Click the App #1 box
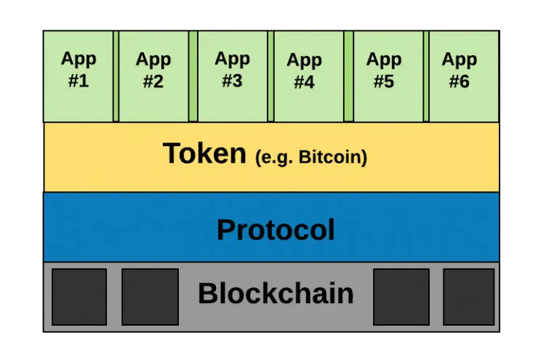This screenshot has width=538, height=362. coord(78,76)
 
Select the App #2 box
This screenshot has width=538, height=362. coord(153,76)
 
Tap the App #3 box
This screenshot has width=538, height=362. coord(232,76)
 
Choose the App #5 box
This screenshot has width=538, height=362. coord(383,76)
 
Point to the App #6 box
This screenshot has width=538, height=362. coord(460,76)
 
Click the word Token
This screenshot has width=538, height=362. coord(204,154)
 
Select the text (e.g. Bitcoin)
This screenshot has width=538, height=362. coord(311,157)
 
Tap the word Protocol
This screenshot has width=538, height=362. coord(276,230)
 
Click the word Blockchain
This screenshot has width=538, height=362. coord(276,294)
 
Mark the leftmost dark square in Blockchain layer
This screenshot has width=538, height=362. coord(79,297)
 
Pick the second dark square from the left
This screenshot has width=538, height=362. coord(150,297)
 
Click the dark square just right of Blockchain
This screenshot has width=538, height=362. coord(401,297)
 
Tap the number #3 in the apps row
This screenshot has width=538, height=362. coord(232,81)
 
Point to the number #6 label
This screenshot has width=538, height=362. coord(459,81)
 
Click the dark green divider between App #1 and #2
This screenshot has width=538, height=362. coord(116,76)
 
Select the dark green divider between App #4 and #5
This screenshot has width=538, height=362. coord(348,76)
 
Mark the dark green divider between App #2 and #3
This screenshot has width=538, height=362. coord(193,76)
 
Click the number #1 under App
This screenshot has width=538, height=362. coord(79,81)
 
